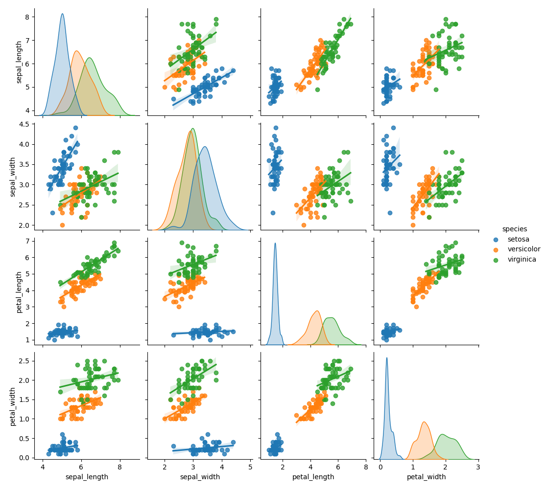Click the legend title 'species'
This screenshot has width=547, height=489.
pyautogui.click(x=514, y=229)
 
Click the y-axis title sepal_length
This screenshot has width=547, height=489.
pyautogui.click(x=20, y=62)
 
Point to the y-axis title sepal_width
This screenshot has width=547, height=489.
pyautogui.click(x=13, y=177)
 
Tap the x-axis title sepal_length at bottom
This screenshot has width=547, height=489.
pyautogui.click(x=87, y=477)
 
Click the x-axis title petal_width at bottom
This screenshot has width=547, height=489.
pyautogui.click(x=426, y=477)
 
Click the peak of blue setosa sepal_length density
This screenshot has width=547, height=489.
pyautogui.click(x=62, y=14)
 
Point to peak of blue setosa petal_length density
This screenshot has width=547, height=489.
pyautogui.click(x=275, y=243)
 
